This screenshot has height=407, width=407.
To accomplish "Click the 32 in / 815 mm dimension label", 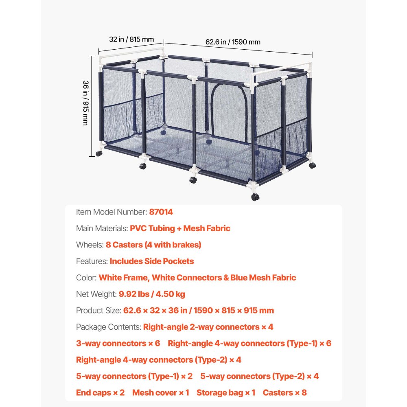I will (x=131, y=39).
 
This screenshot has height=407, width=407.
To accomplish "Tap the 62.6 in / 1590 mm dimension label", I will (x=233, y=42).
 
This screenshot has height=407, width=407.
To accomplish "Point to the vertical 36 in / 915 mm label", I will (x=85, y=103).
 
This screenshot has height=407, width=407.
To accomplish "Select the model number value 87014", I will (x=161, y=212).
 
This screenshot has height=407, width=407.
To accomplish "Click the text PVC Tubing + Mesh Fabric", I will (x=180, y=228).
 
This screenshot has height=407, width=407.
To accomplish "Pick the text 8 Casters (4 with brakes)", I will (x=153, y=245).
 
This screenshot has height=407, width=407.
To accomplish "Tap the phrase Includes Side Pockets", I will (x=152, y=261).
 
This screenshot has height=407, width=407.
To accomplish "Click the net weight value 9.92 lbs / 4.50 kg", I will (x=152, y=294).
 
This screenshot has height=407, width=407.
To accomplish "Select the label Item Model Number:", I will (x=112, y=212).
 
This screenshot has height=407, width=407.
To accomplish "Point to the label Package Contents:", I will (x=109, y=327).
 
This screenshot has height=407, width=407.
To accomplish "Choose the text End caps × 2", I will (x=100, y=393).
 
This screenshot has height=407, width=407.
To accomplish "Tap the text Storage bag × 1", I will (x=226, y=393).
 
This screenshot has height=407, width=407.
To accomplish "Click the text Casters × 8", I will (x=285, y=393).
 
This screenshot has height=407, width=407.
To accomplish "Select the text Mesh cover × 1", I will (x=161, y=393).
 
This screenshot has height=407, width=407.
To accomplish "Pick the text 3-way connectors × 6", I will (x=118, y=344).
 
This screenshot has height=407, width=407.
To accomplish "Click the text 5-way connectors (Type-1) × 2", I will (x=134, y=376).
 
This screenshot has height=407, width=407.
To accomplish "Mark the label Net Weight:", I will (x=96, y=294).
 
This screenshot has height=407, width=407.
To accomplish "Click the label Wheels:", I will (x=90, y=245).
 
